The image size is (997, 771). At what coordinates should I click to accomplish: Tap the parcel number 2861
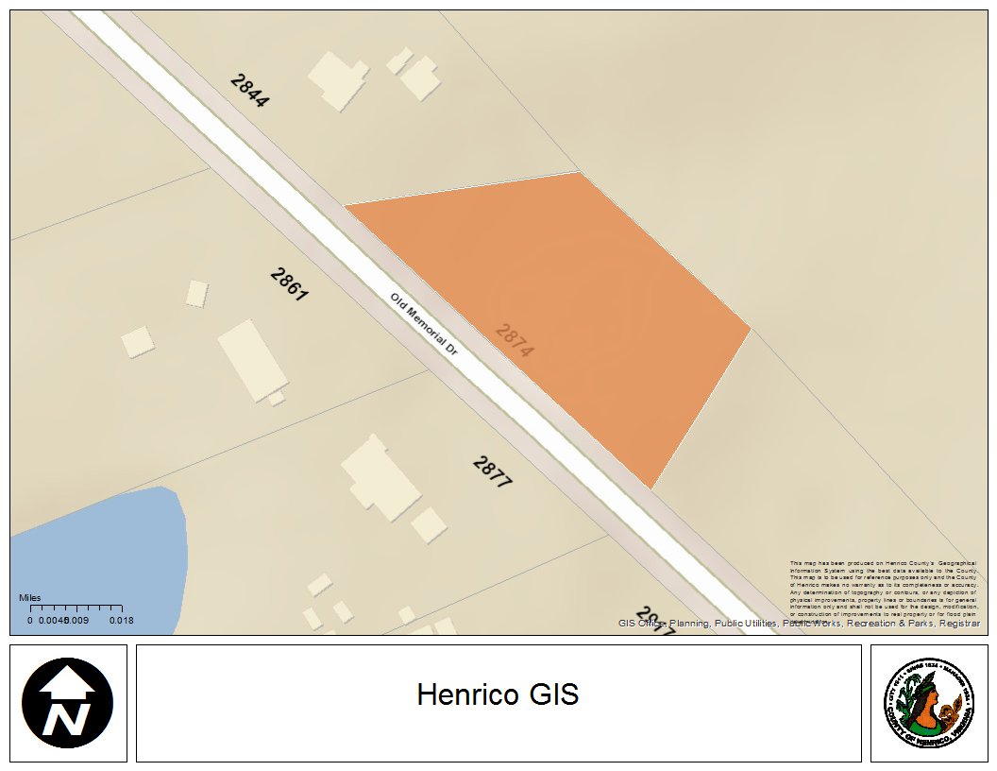click(x=289, y=284)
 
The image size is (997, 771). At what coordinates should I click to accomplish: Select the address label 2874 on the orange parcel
click(x=515, y=340)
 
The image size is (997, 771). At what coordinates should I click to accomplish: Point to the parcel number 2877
click(x=492, y=471)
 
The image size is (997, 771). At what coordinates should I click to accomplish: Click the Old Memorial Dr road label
click(x=424, y=323)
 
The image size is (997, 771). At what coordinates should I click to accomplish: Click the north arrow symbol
click(x=68, y=703)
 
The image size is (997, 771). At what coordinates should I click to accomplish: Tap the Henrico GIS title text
click(x=498, y=695)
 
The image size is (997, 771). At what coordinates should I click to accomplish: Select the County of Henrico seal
click(x=928, y=703)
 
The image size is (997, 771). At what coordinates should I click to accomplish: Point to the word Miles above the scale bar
click(x=30, y=598)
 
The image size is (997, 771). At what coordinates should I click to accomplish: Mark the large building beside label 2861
click(x=252, y=359)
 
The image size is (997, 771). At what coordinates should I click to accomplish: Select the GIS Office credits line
click(x=799, y=624)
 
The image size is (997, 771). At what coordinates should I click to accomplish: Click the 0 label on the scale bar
click(x=30, y=621)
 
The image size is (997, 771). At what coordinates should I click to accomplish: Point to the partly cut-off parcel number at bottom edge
click(x=655, y=620)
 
